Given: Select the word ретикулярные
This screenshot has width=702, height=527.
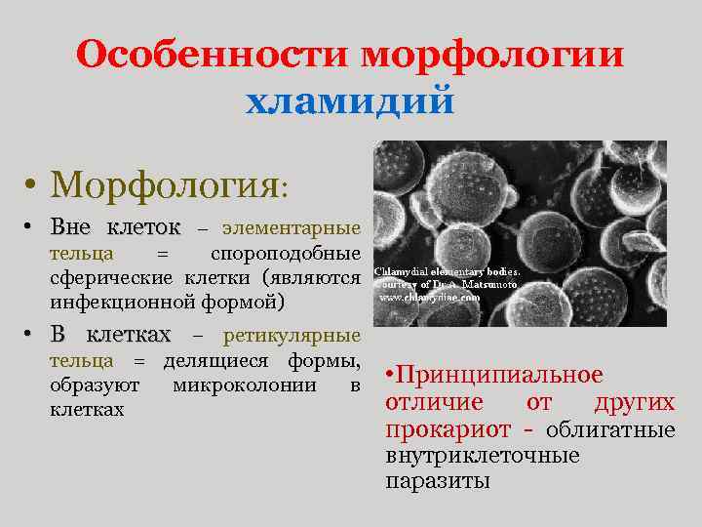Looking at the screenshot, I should [x=292, y=337].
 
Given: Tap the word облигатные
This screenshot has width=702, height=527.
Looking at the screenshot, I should [x=610, y=429].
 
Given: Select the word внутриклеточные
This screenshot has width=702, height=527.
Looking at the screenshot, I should [x=483, y=455].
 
